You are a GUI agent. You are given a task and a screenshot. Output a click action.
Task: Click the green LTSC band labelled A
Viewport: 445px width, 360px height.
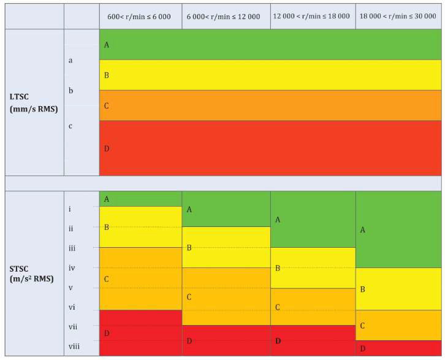click(x=270, y=45)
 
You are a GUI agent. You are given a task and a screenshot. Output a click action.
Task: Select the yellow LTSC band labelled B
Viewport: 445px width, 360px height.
click(x=270, y=75)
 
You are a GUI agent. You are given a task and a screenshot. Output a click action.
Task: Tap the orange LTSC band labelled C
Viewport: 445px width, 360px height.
click(x=270, y=105)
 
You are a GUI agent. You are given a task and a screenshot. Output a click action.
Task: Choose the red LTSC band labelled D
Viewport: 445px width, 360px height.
click(x=270, y=148)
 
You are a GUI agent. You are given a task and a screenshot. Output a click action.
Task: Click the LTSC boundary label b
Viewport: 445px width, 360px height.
click(x=71, y=91)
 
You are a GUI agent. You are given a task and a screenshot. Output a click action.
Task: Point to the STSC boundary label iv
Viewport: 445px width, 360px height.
click(x=72, y=268)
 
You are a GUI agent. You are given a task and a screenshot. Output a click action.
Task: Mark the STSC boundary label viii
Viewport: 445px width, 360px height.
click(x=74, y=347)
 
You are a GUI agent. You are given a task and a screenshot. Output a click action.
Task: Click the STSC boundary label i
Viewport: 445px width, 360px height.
click(x=70, y=209)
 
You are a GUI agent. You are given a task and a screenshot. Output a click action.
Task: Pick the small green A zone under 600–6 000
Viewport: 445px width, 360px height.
click(x=140, y=199)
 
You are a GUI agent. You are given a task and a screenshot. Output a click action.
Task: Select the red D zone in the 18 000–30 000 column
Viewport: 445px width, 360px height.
click(x=398, y=348)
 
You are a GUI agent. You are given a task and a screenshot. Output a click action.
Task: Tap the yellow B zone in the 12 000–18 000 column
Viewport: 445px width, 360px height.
click(x=313, y=268)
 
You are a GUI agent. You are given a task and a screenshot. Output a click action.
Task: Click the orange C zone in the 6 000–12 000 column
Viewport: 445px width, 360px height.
click(x=226, y=296)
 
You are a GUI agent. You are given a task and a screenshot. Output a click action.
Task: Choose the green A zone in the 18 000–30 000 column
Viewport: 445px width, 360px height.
click(x=398, y=229)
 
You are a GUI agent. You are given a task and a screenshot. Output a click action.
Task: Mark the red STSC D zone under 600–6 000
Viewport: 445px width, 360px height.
click(x=140, y=333)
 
